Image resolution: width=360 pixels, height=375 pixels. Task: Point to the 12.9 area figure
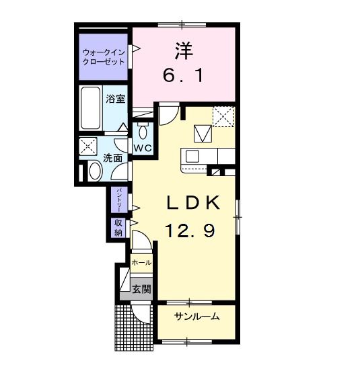[x=190, y=231]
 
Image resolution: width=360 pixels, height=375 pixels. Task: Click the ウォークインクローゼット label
[x=104, y=56]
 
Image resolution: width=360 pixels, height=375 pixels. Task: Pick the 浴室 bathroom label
[x=116, y=99]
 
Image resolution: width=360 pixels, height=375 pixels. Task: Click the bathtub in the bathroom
[x=89, y=109]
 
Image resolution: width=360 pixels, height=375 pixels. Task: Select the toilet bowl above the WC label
[x=143, y=129]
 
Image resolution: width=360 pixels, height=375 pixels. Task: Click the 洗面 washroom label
[x=113, y=159]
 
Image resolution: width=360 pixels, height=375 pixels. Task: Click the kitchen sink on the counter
[x=192, y=157]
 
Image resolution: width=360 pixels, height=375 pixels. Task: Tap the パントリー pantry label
[x=119, y=200]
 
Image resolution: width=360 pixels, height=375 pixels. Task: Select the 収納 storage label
[x=118, y=228]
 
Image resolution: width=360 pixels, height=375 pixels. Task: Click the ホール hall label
[x=141, y=262]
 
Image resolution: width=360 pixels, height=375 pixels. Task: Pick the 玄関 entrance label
[x=141, y=290]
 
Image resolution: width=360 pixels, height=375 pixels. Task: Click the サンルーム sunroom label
[x=196, y=317]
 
